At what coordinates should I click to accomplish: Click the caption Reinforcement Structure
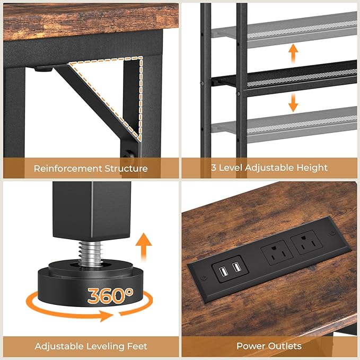(x=91, y=168)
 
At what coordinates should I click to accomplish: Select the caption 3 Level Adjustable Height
(x=269, y=168)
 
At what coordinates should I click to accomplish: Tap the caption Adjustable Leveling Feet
(x=91, y=346)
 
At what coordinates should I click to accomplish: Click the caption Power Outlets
(x=269, y=346)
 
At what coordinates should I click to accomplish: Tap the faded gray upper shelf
(x=297, y=29)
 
